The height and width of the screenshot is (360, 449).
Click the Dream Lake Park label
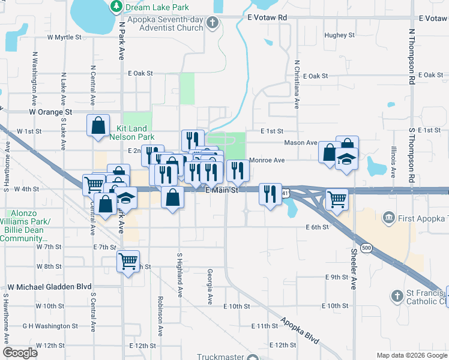(x=154, y=7)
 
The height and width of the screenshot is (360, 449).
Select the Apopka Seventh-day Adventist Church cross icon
(x=211, y=23)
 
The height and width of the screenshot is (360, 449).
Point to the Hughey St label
(x=339, y=35)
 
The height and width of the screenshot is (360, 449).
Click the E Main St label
(x=222, y=190)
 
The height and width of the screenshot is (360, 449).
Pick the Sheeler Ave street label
(x=354, y=269)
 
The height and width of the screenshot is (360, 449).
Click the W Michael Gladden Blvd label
(x=49, y=287)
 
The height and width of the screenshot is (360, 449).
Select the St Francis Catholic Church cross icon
(x=396, y=296)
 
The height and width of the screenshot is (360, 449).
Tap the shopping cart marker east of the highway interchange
(x=337, y=198)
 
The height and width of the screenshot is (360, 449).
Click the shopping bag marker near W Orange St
(x=98, y=126)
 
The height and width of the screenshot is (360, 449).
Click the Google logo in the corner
(x=20, y=353)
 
